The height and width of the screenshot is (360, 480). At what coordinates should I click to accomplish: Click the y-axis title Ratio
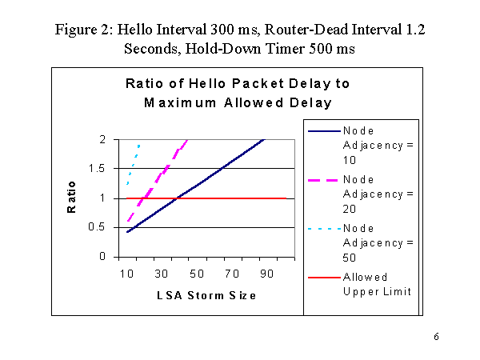[x=72, y=198]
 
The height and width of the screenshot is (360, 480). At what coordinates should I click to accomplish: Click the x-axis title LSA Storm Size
[x=206, y=295]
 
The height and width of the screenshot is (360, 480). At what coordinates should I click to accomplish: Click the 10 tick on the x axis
[x=126, y=274]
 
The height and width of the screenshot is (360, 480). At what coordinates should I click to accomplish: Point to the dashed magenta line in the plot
[x=164, y=172]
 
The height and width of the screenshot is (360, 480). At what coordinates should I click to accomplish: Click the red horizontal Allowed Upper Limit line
[x=240, y=198]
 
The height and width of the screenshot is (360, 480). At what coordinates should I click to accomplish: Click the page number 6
[x=437, y=336]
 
